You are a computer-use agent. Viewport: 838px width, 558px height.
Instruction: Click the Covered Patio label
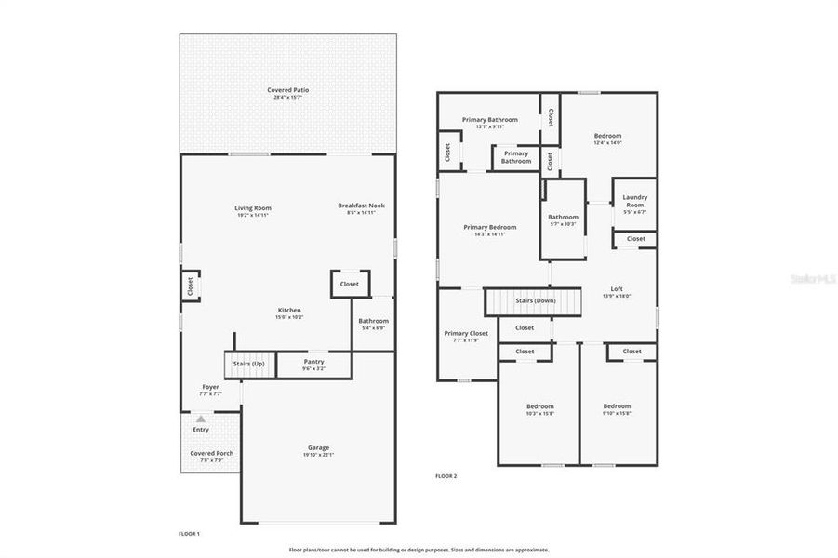pos(287,90)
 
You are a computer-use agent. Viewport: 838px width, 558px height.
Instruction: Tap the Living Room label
pos(252,208)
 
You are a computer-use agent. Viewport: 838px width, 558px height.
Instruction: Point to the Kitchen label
pos(288,311)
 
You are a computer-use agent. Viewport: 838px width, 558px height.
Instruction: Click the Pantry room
pos(313,364)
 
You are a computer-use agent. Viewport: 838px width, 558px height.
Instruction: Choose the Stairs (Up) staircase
pos(248,363)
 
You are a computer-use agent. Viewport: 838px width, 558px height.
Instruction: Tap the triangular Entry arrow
pos(200,419)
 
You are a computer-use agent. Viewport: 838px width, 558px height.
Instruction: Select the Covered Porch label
pos(211,453)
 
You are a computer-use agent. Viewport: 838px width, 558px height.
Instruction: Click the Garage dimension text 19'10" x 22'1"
pos(318,455)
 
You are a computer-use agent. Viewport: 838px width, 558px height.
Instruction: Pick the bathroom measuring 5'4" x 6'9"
pos(372,324)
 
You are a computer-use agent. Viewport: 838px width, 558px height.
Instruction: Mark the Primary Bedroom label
pos(489,227)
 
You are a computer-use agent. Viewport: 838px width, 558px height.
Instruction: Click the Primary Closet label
pos(466,333)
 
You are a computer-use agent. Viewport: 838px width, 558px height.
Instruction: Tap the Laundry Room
pos(634,201)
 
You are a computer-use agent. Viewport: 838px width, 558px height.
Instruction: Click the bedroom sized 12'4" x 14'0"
pos(607,139)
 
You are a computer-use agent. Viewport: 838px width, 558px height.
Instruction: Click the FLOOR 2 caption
pos(446,476)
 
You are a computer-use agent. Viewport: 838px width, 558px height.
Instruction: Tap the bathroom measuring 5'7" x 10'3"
pos(563,219)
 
